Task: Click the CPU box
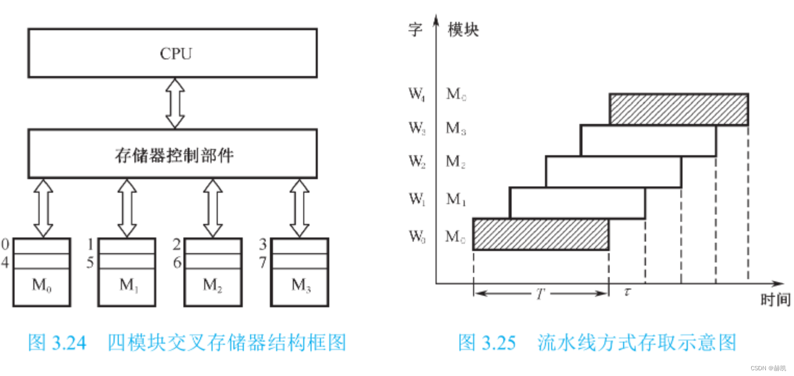(172, 53)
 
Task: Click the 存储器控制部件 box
(172, 154)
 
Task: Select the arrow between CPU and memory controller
(175, 103)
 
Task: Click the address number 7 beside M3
(263, 262)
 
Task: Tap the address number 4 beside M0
(5, 262)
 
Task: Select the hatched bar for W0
(540, 234)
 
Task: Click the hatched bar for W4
(678, 109)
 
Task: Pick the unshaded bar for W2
(613, 171)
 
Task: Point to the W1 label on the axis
(416, 199)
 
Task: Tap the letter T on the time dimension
(540, 294)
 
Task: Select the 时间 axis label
(775, 300)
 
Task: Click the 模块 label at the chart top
(463, 30)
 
